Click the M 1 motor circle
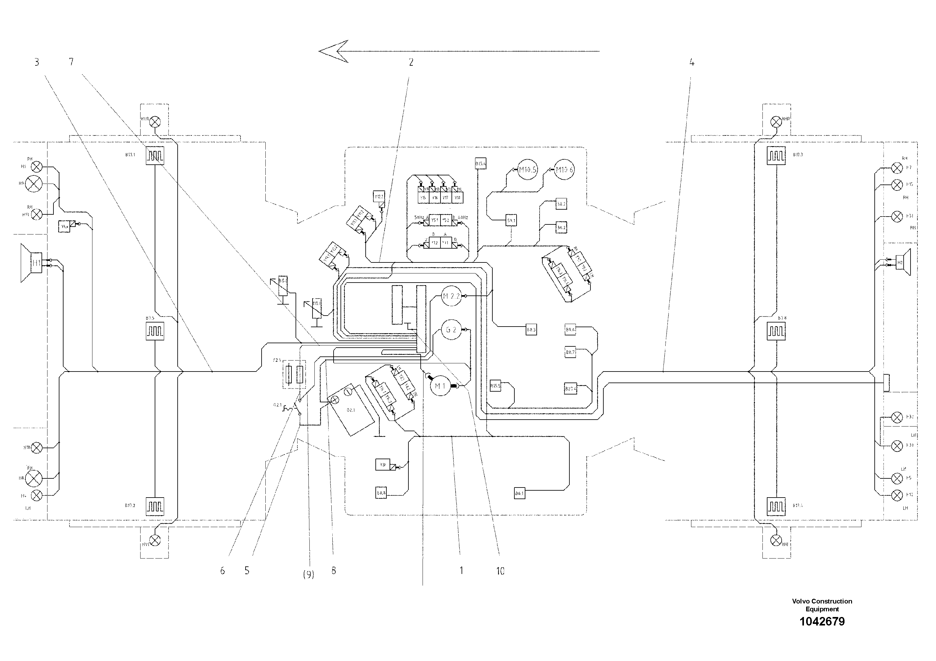pos(440,386)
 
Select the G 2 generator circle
pos(451,329)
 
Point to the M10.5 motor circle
pos(528,169)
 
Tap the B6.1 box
pos(519,493)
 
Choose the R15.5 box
pos(495,386)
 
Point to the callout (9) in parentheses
pos(309,575)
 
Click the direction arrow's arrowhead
pos(334,51)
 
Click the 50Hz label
pos(419,218)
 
